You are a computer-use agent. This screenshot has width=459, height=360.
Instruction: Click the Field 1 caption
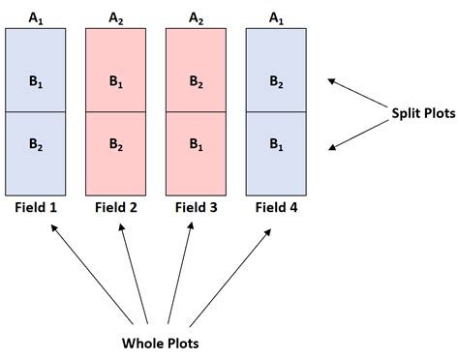[36, 207]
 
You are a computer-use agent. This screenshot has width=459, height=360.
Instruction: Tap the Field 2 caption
[116, 207]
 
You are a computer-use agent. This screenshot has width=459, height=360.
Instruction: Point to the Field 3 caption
[197, 207]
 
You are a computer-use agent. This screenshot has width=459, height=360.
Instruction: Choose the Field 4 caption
[277, 207]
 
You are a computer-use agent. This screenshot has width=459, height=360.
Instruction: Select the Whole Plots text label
[160, 343]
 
